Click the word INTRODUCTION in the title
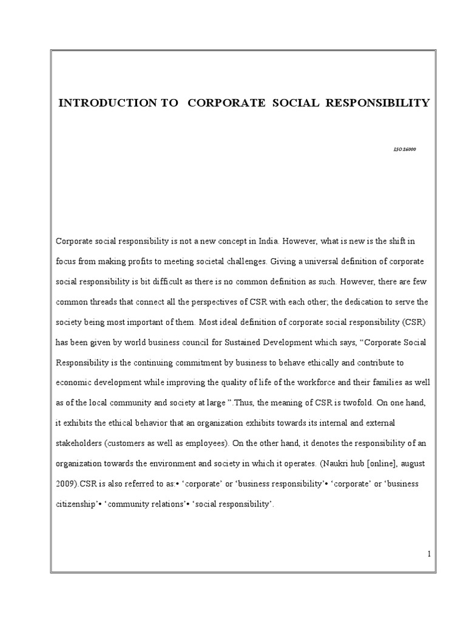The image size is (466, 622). (107, 103)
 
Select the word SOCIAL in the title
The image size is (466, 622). (289, 103)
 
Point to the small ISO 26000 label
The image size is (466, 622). (405, 149)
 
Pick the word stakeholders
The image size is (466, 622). (78, 443)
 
